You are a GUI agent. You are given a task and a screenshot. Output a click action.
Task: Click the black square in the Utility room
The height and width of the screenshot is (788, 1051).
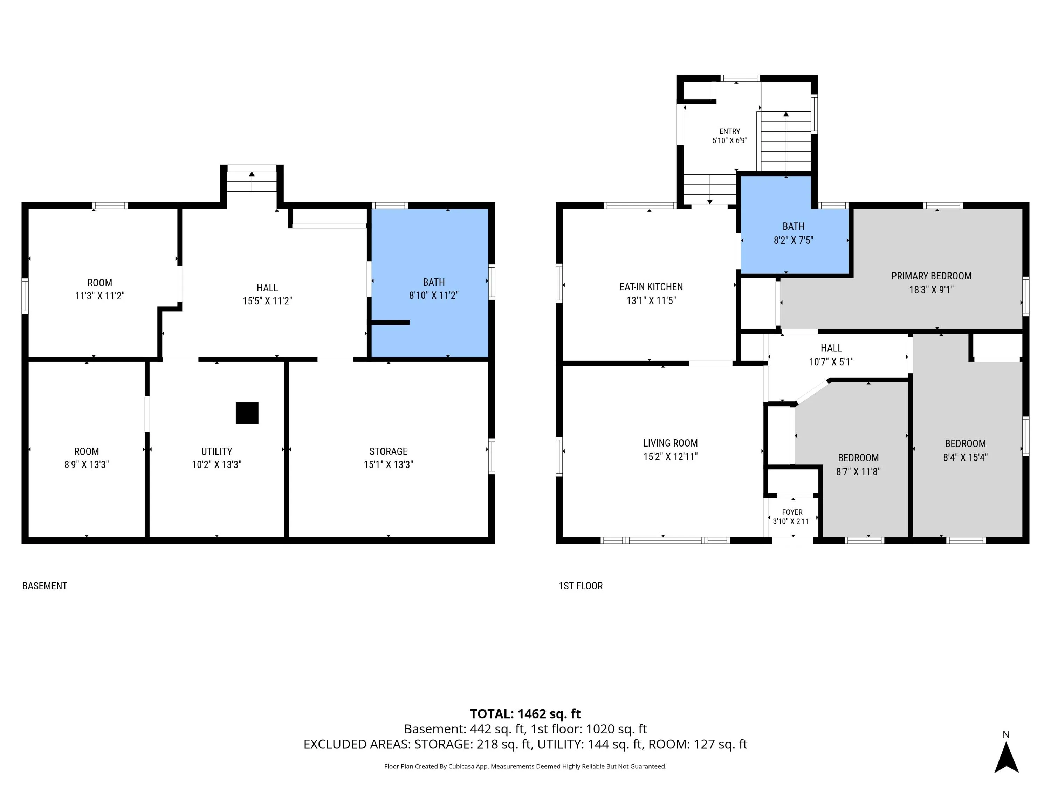coord(247,413)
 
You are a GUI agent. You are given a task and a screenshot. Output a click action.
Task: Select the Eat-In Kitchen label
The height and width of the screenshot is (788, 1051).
coord(651,287)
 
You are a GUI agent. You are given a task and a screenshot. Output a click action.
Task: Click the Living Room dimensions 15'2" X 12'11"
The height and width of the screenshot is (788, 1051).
coord(671,456)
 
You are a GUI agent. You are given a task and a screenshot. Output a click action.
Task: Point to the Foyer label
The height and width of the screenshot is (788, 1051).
coord(792,512)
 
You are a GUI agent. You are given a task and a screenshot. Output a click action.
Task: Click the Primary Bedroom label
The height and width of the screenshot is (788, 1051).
coord(931,276)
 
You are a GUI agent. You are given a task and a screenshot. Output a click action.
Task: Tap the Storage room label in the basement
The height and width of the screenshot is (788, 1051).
coord(388,451)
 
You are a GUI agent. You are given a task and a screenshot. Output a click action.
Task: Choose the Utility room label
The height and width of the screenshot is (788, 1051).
coord(217,451)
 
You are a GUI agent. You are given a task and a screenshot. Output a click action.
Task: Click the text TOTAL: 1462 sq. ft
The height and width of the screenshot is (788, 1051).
coord(525,714)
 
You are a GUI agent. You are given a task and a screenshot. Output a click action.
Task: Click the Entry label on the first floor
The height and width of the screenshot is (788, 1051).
coord(729,131)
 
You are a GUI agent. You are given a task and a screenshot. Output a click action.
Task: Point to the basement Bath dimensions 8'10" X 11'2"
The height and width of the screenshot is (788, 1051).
coord(434,296)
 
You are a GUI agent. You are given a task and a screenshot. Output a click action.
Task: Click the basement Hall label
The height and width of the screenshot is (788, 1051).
coord(268,288)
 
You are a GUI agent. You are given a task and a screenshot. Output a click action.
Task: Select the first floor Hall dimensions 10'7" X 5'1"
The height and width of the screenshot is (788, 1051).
coord(831,362)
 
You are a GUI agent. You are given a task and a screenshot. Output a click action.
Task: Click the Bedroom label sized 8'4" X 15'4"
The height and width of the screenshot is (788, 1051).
coord(966,450)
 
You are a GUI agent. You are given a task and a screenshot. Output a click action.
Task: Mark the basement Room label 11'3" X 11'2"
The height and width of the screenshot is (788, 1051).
coord(100,289)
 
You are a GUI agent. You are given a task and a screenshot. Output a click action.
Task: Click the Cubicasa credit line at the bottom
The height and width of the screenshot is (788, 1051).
coord(525,766)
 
